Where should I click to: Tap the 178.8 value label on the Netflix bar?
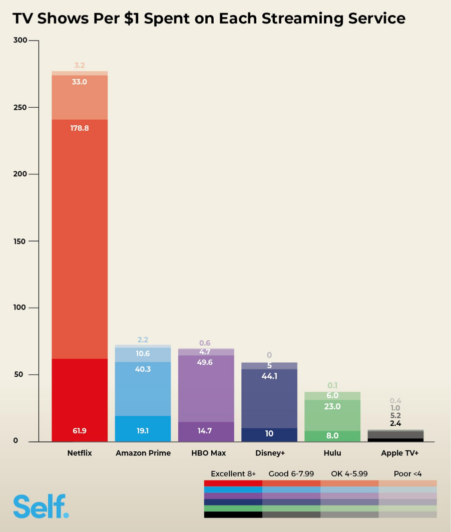80,128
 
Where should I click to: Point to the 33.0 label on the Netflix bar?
80,82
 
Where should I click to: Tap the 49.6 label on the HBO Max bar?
206,362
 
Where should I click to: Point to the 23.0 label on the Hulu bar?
332,407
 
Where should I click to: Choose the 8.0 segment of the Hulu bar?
332,436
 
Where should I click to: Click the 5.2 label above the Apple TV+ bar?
395,416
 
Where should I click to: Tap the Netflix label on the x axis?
80,453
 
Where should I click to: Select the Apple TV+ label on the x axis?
399,453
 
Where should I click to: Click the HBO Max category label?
208,453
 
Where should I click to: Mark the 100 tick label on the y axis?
19,308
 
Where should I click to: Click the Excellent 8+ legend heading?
233,474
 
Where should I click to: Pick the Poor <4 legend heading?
408,474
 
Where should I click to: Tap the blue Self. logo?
41,506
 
